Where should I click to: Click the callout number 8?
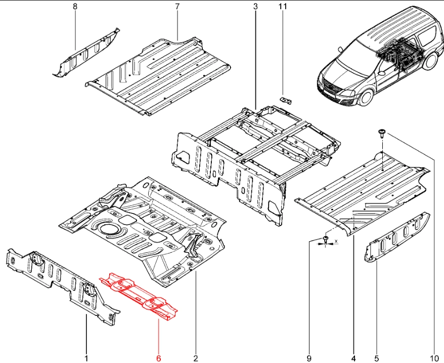click(x=75, y=7)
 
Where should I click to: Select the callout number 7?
click(x=177, y=7)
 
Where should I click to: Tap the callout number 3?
click(x=255, y=7)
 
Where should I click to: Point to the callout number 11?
click(x=283, y=7)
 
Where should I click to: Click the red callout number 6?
click(x=158, y=358)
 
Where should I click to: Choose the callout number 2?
click(x=195, y=358)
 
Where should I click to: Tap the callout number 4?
click(x=353, y=358)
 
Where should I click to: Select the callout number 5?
click(x=376, y=358)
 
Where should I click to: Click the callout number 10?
click(x=433, y=358)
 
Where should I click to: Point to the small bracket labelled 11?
click(x=287, y=100)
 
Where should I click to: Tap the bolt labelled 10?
click(x=380, y=133)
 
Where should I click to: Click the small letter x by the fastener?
click(x=336, y=241)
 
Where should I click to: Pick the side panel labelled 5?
click(x=397, y=238)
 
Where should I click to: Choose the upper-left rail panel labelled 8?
click(x=86, y=53)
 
